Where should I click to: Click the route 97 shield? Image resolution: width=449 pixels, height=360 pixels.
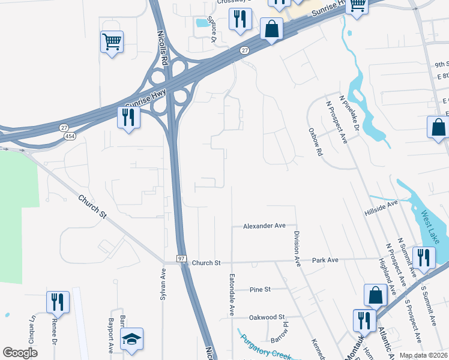(181, 258)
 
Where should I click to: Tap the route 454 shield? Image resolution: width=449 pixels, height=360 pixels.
(69, 136)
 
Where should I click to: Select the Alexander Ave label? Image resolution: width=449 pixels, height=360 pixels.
(264, 226)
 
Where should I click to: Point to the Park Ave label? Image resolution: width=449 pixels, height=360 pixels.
(325, 260)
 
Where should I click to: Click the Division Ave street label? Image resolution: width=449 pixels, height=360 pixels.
(297, 248)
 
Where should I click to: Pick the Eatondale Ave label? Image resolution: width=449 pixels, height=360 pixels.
(232, 295)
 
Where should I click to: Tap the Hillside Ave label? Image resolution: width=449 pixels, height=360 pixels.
(381, 208)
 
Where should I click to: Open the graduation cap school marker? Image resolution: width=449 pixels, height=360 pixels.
(131, 339)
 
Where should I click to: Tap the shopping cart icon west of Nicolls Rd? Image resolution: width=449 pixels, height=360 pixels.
(112, 42)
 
